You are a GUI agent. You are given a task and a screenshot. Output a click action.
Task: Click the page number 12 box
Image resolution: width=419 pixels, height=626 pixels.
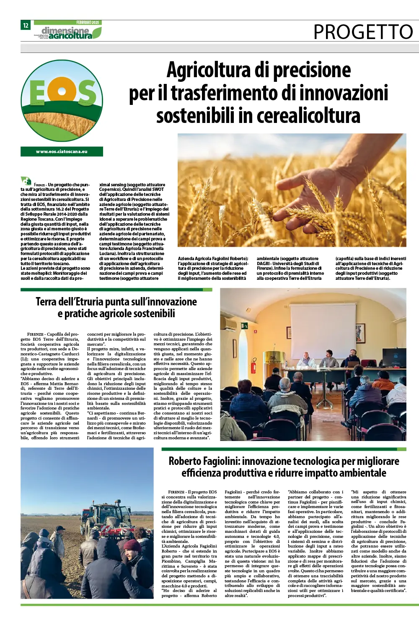(26, 25)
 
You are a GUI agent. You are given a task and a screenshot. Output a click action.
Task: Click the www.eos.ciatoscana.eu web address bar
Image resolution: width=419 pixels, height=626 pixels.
(62, 151)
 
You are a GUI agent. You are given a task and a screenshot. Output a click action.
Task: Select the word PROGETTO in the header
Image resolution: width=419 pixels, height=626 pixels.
(363, 32)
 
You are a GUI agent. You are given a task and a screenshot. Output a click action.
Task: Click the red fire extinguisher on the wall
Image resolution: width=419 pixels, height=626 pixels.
(253, 366)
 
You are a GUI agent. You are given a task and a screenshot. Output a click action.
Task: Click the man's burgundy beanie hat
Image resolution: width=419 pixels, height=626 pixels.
(132, 545)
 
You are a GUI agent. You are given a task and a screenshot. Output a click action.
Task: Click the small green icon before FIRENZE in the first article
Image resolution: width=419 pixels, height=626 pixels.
(26, 181)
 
